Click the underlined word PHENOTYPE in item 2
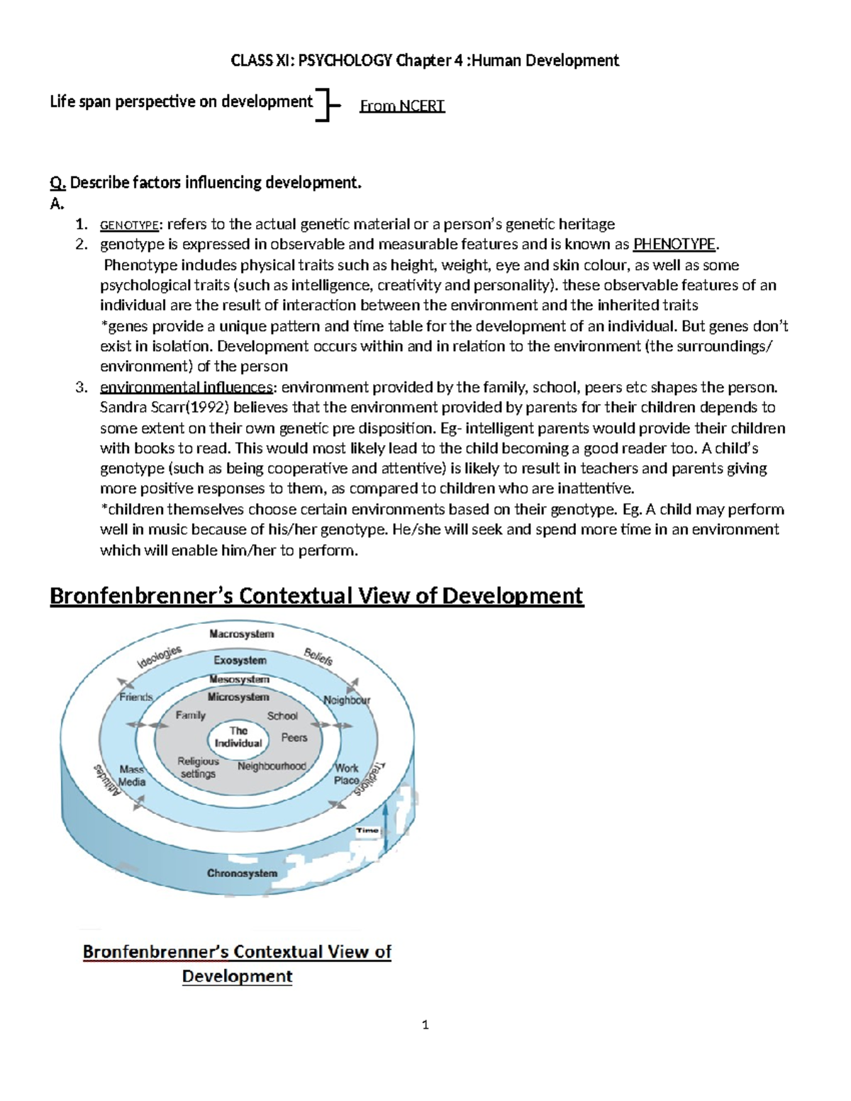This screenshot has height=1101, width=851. click(x=674, y=245)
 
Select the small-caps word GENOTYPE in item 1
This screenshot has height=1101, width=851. click(x=130, y=225)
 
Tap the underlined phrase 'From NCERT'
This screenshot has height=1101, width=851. click(x=402, y=106)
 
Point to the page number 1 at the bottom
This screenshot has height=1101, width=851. click(x=425, y=1024)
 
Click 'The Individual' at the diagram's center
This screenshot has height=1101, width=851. click(x=238, y=737)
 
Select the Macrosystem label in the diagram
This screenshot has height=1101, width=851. click(x=241, y=634)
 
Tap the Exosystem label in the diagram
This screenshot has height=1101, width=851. click(x=240, y=660)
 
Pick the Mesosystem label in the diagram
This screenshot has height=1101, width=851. click(x=239, y=679)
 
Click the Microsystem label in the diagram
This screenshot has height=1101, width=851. click(x=238, y=697)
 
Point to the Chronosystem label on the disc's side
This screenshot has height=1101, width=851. click(x=242, y=873)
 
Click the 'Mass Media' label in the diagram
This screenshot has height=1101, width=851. click(x=132, y=776)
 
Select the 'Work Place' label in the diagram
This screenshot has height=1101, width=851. click(x=347, y=774)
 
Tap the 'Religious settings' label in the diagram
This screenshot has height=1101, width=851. click(x=198, y=768)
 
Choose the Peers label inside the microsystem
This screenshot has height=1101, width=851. click(x=294, y=737)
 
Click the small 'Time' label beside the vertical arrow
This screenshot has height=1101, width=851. click(x=367, y=830)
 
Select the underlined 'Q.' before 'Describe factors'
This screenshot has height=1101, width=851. click(x=57, y=183)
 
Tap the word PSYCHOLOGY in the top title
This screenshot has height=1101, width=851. click(x=345, y=60)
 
